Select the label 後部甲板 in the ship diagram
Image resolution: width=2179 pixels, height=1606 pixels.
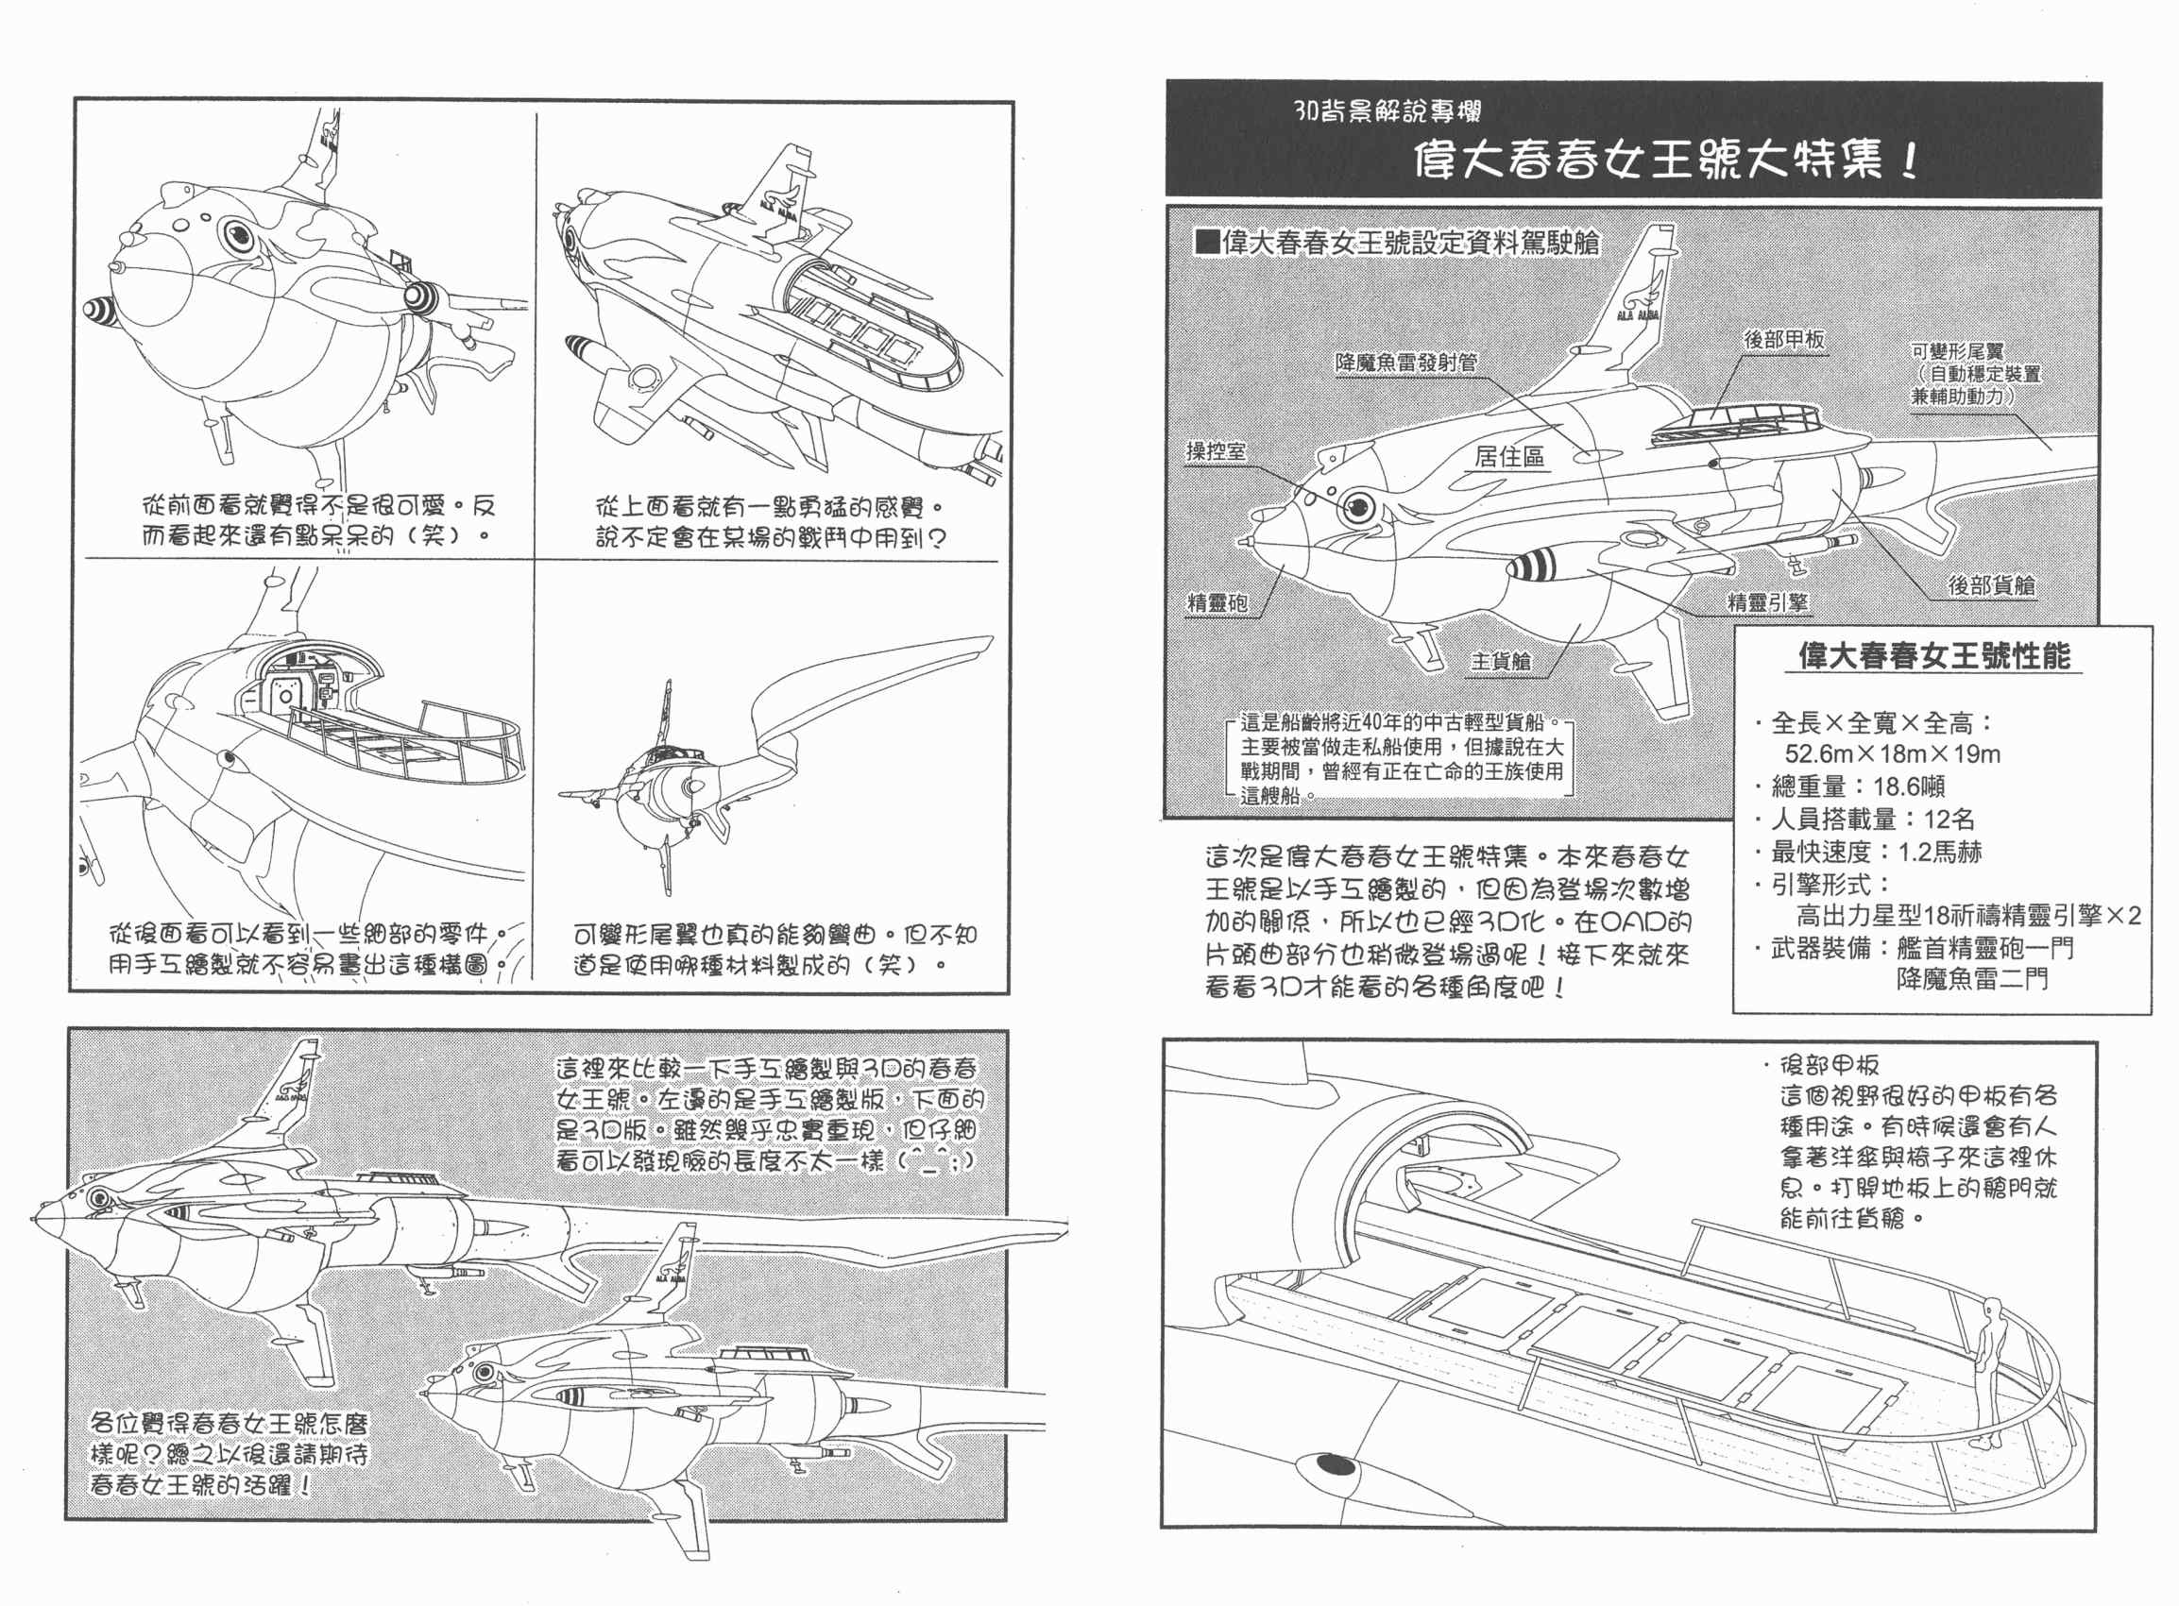pos(1783,339)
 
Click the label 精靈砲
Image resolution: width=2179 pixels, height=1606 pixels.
pos(1217,602)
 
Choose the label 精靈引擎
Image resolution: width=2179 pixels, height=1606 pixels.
pos(1767,602)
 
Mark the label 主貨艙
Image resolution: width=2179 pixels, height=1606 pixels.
pos(1500,662)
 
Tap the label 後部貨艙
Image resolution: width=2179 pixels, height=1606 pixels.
pos(1991,585)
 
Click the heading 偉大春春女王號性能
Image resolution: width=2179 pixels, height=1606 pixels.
pos(1934,656)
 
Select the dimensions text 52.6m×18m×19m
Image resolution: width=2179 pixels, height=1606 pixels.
pos(1892,754)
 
